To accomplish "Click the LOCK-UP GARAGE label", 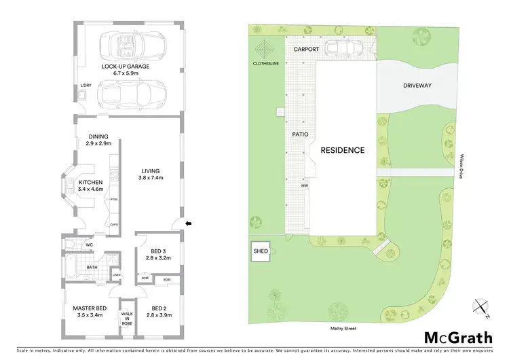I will [x=126, y=67].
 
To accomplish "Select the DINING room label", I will [x=98, y=137].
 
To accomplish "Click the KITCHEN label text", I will [x=90, y=182].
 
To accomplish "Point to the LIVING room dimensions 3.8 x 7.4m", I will [x=151, y=177].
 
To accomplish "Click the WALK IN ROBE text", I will [x=127, y=319].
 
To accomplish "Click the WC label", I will [x=89, y=245].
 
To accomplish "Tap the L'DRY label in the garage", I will [x=86, y=85].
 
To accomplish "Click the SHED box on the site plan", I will [x=261, y=251].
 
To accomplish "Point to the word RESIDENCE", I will [x=343, y=150].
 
